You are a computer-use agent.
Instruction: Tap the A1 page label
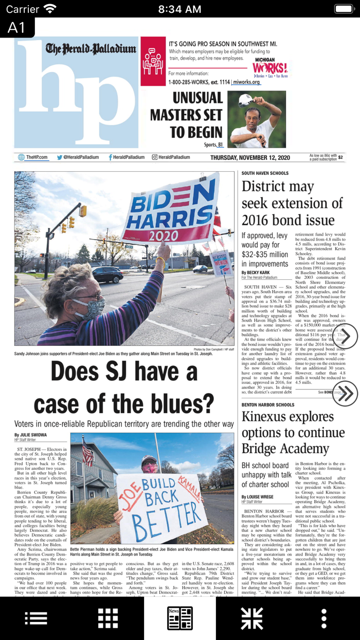coord(16,27)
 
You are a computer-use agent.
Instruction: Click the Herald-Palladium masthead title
coord(91,49)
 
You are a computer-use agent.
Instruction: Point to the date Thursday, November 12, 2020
coord(250,157)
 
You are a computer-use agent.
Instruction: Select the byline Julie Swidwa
coord(30,435)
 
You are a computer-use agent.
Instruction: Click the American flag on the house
coord(88,452)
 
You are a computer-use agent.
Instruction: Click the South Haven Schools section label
coord(265,173)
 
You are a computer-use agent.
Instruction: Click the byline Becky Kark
coord(255,273)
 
